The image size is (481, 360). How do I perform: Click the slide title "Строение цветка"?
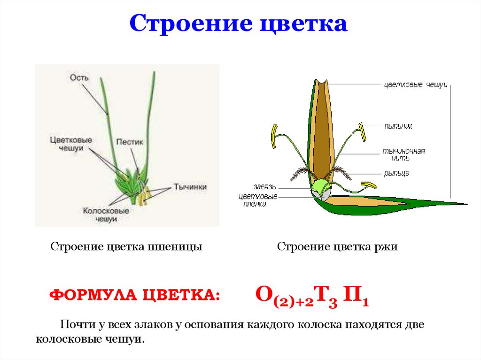click(x=239, y=23)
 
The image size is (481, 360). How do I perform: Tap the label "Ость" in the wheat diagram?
click(x=79, y=77)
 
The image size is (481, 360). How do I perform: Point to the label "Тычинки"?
click(x=190, y=186)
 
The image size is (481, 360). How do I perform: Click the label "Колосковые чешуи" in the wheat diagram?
click(x=106, y=215)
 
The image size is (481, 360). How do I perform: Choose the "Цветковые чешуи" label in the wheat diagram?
click(x=71, y=144)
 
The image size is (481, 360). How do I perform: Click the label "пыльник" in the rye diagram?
click(x=398, y=126)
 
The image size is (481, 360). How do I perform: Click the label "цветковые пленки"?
click(x=258, y=200)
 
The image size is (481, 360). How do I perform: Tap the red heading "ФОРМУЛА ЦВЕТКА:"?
click(x=135, y=295)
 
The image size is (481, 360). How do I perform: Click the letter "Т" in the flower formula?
click(x=325, y=294)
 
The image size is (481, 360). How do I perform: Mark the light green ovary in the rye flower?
click(x=320, y=187)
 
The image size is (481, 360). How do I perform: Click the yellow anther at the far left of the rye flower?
click(x=273, y=136)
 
